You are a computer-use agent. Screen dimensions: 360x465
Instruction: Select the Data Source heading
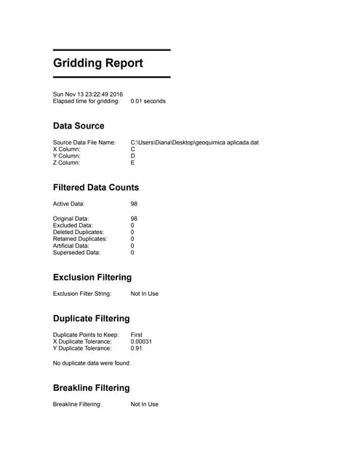[x=79, y=126]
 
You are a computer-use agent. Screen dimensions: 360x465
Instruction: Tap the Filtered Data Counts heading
[x=96, y=187]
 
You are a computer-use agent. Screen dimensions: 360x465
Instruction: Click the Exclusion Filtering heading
[x=92, y=278]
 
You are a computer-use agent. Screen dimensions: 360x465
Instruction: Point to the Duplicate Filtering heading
[x=92, y=318]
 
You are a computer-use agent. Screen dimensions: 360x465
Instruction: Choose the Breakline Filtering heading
[x=92, y=388]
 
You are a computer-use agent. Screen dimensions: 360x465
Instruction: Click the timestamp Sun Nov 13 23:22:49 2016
[x=88, y=94]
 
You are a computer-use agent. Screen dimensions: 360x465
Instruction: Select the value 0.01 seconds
[x=148, y=102]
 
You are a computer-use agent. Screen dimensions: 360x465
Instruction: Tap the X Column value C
[x=133, y=149]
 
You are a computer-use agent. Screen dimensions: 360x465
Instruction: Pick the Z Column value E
[x=133, y=163]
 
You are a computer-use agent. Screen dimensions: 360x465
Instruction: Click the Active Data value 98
[x=134, y=204]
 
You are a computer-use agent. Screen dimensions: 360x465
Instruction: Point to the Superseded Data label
[x=77, y=253]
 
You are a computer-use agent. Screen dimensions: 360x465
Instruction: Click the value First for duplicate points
[x=136, y=334]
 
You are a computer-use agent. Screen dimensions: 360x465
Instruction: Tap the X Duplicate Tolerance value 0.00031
[x=141, y=341]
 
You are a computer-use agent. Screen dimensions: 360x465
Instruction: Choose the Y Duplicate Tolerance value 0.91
[x=136, y=349]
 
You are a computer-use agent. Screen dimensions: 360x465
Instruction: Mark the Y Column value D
[x=133, y=155]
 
